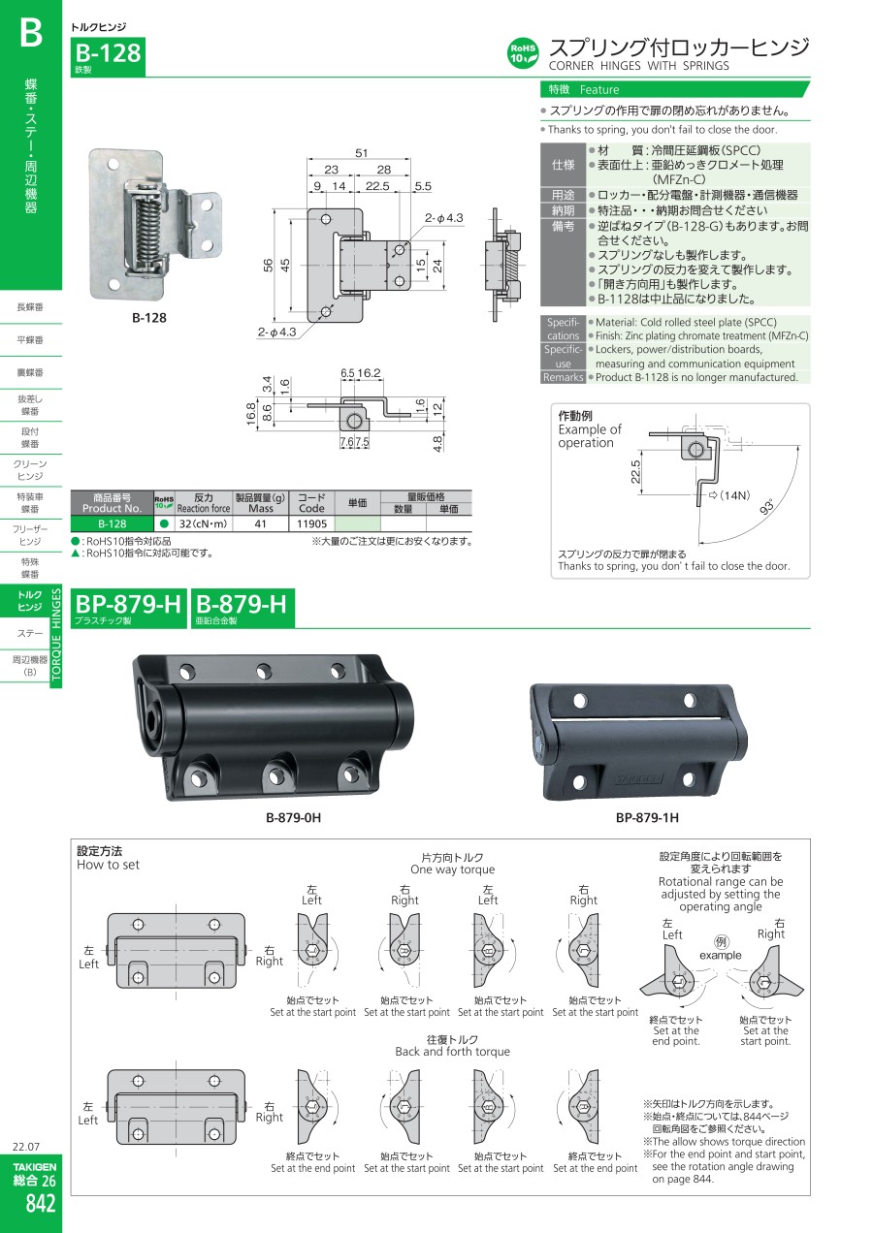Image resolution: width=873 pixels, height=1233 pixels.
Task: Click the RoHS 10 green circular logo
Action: coord(522,53)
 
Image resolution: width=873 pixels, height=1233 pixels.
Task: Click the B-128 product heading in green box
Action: coord(108,53)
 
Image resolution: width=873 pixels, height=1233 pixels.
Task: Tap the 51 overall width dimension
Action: coord(361,152)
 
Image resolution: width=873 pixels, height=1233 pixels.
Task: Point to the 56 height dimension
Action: coord(268,265)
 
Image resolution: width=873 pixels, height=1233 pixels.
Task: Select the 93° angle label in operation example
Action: coord(766,506)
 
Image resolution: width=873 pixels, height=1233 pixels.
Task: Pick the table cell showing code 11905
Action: coord(311,523)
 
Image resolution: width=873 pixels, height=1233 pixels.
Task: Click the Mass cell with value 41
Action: coord(261,523)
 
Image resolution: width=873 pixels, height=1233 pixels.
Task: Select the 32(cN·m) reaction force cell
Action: coord(204,523)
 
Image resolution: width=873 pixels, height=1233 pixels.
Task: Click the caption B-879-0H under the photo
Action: coord(293,817)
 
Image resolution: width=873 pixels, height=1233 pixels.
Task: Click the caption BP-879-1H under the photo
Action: coord(647,817)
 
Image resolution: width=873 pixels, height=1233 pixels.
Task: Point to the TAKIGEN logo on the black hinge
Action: coord(639,779)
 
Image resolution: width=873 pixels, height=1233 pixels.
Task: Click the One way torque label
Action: coord(452,869)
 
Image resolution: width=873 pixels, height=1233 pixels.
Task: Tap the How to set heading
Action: coord(108,865)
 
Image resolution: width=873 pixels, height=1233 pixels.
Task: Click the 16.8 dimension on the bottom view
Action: coord(250,413)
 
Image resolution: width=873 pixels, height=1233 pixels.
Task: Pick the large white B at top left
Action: coord(30,32)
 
